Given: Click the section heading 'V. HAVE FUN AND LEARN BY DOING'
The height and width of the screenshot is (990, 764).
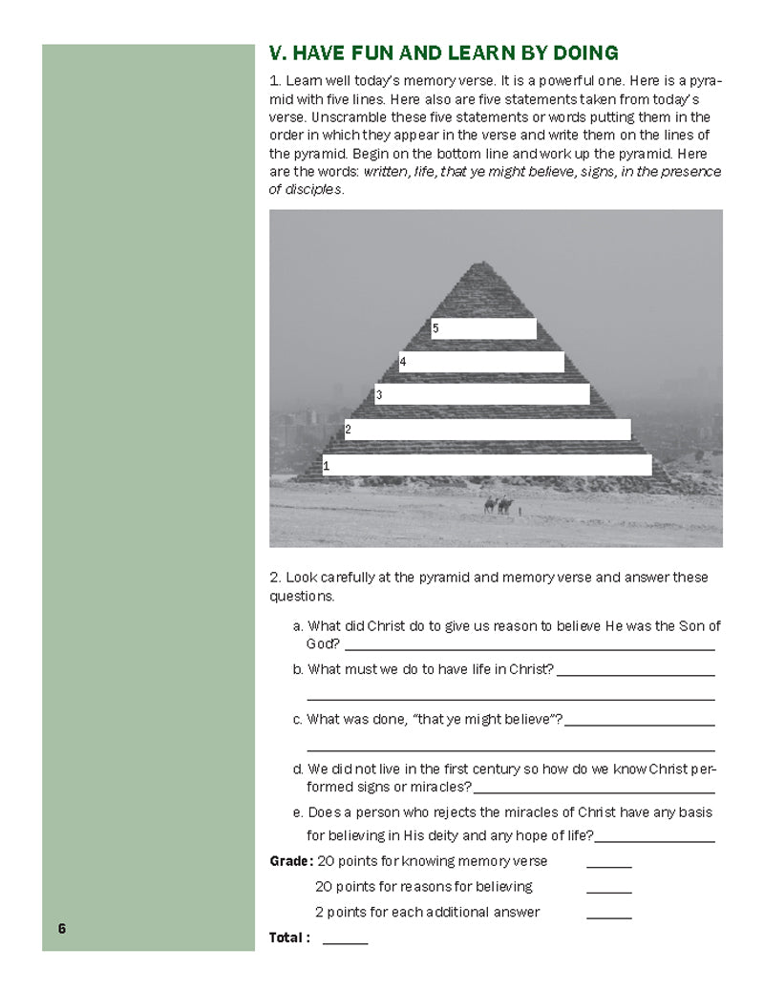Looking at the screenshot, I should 444,53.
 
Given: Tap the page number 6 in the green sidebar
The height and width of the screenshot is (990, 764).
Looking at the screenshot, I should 61,928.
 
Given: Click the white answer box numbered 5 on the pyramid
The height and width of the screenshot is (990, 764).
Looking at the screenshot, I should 484,328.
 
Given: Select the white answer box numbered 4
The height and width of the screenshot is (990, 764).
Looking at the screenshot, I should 482,362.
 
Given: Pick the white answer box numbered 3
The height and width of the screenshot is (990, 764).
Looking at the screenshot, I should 482,394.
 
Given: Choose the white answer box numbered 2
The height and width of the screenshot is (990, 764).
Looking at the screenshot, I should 488,430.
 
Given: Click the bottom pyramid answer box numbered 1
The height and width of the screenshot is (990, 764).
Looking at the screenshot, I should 487,465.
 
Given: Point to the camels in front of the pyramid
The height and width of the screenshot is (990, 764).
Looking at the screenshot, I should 499,505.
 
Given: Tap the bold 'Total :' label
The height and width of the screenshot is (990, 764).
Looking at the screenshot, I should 289,937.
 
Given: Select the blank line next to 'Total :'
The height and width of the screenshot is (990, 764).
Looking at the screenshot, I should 345,942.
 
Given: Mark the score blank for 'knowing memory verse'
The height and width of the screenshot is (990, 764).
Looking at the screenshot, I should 608,866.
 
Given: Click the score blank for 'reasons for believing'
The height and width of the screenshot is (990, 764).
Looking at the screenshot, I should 608,892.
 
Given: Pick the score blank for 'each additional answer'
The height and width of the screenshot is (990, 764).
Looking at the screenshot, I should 608,916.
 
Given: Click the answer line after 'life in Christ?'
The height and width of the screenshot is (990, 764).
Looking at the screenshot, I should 635,674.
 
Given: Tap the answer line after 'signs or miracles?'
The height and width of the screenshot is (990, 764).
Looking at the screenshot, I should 594,792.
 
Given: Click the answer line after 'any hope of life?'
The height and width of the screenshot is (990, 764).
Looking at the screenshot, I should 654,841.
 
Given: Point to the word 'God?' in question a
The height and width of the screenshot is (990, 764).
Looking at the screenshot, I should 323,644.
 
